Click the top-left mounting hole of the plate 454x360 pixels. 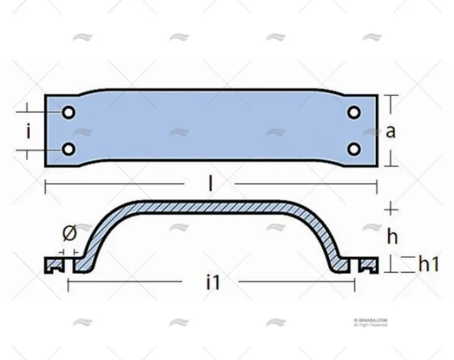coord(68,113)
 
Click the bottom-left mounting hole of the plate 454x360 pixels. coord(68,149)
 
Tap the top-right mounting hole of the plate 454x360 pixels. coord(353,113)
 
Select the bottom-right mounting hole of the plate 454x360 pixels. coord(353,149)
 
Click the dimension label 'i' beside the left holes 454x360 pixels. coord(28,132)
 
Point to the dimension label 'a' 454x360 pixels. coord(390,132)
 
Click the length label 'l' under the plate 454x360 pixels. coord(211,184)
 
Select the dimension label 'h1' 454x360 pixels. coord(429,263)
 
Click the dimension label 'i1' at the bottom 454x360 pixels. coord(213,284)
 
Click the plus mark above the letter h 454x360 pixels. coord(390,208)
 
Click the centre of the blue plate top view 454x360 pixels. coord(211,131)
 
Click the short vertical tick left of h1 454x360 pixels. coord(390,263)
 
